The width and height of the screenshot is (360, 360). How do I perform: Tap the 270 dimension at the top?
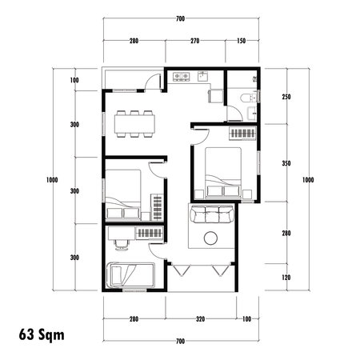pos(194,40)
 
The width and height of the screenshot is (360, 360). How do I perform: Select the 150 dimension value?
pos(242,40)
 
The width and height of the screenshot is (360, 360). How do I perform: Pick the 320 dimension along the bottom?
pos(200,319)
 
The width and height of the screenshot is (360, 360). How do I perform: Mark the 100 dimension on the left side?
pos(74,81)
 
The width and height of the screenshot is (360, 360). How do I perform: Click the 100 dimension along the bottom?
pos(246,319)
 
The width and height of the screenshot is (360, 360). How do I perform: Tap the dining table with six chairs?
pos(134,122)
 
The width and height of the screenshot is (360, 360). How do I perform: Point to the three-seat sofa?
pos(212,214)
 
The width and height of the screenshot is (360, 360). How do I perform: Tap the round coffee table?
pos(212,238)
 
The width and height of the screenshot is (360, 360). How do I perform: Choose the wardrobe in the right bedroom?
pos(242,134)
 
